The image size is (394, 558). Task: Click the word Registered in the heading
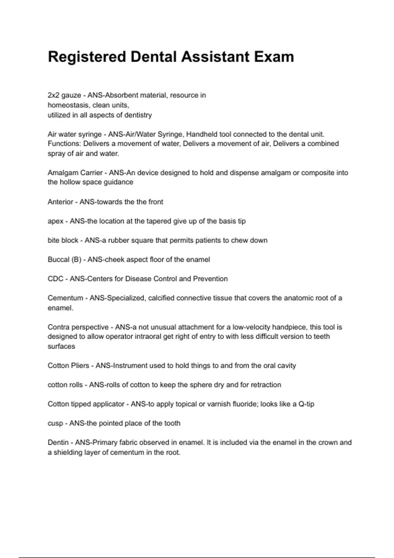[87, 57]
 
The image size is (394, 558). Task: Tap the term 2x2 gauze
[64, 96]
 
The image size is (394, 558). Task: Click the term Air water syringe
[75, 134]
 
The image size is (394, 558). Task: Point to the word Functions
[63, 144]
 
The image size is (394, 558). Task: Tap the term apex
[55, 221]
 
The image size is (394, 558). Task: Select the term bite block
[63, 240]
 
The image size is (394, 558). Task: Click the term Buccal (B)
[64, 260]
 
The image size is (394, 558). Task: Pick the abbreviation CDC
[55, 279]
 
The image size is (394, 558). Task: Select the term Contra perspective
[78, 327]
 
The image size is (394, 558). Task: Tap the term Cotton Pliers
[68, 366]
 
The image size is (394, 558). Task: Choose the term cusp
[55, 423]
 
